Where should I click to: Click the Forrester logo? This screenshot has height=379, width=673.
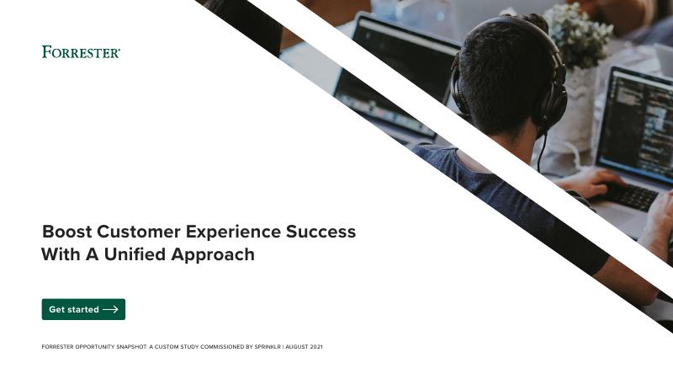(x=81, y=52)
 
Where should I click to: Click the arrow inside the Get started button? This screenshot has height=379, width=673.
(x=110, y=310)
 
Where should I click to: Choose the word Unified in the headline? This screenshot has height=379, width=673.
(x=140, y=254)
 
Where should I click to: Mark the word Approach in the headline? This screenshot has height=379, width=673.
(x=215, y=254)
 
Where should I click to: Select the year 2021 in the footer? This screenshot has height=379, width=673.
(x=316, y=347)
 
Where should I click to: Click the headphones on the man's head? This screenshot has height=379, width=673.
(x=551, y=93)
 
